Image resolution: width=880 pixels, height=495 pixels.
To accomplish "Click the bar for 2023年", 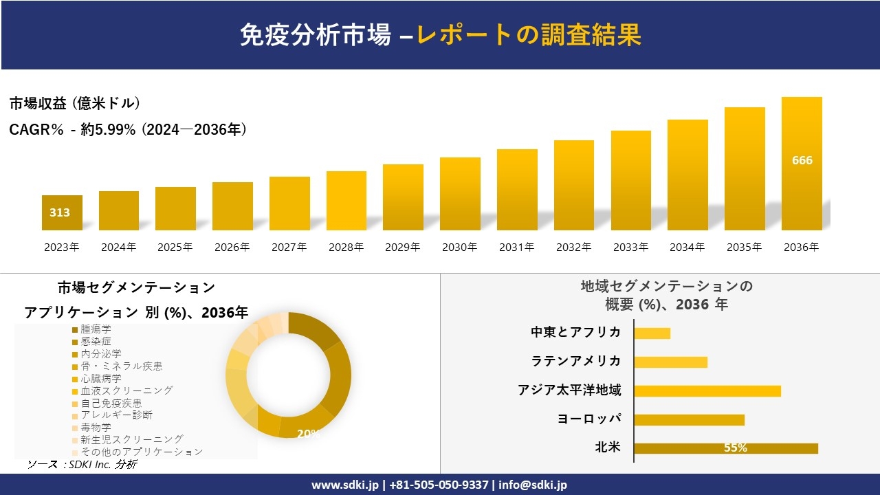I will (x=62, y=213).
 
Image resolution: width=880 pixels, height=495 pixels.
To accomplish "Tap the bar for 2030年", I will (x=460, y=194).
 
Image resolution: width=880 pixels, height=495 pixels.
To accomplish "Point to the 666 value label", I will (x=802, y=160).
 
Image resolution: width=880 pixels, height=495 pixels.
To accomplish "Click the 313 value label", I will (x=60, y=212).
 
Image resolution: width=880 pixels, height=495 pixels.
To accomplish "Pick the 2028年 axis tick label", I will (x=346, y=247).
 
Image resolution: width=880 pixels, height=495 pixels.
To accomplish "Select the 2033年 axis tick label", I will (x=630, y=247).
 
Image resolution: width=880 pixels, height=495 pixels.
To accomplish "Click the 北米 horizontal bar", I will (x=725, y=448).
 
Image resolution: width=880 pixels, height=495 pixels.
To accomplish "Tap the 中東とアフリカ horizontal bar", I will (x=652, y=333).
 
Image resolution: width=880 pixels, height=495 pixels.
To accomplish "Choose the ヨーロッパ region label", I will (x=589, y=419).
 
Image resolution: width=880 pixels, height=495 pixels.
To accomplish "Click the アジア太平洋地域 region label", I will (x=569, y=390).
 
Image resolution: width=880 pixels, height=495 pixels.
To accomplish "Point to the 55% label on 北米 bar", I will (x=735, y=448).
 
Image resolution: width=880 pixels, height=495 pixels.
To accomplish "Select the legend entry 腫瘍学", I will (x=96, y=329).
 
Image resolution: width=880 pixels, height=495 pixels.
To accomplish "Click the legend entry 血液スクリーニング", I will (x=126, y=390).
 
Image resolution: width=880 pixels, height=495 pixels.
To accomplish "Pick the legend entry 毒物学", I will (x=96, y=427).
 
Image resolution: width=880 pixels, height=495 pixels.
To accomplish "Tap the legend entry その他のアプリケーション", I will (x=141, y=452).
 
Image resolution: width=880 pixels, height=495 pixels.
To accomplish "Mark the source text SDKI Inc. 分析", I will (x=82, y=465).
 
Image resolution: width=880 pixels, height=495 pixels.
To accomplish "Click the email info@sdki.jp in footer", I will (x=533, y=485).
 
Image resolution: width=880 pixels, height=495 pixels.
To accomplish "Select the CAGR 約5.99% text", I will (x=128, y=129).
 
